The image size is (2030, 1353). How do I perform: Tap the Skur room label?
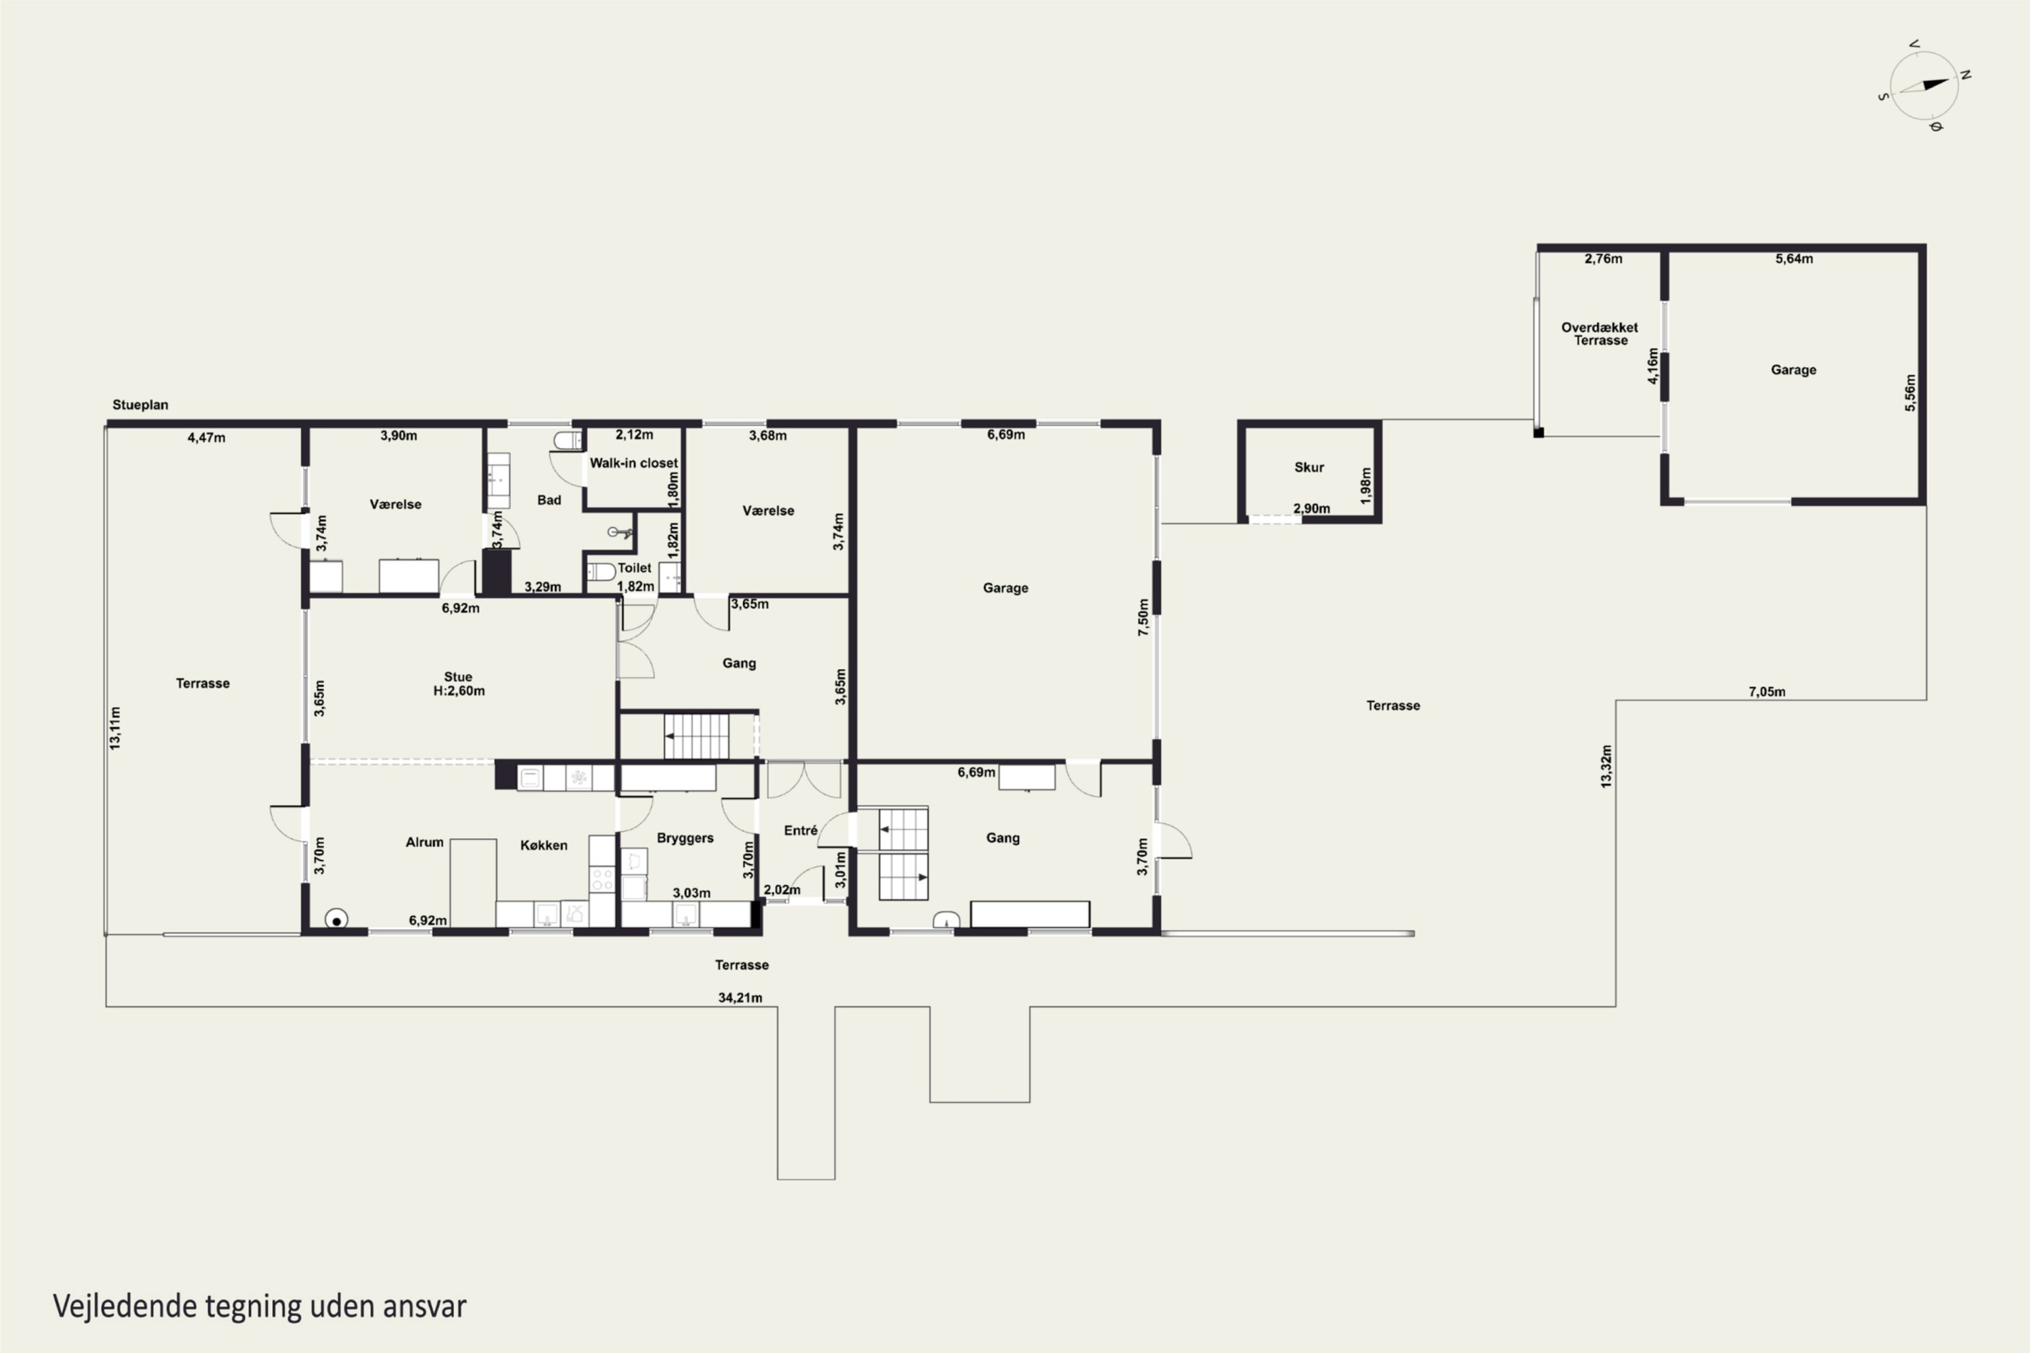click(1309, 467)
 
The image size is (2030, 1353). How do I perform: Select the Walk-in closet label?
click(633, 463)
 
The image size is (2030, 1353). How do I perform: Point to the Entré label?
click(800, 830)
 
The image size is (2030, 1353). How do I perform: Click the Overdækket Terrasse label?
click(1600, 333)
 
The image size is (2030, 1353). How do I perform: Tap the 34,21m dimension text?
click(740, 997)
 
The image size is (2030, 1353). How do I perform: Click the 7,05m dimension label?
click(1767, 691)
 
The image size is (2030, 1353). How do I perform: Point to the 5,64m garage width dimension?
click(1794, 258)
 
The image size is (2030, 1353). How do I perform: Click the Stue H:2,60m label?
click(458, 683)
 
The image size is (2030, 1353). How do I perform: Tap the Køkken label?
click(544, 845)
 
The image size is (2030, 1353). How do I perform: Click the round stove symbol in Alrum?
click(336, 920)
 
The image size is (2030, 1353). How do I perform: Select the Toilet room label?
click(635, 568)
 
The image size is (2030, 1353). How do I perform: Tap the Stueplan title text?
click(140, 405)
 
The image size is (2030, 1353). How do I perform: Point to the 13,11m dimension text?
click(115, 727)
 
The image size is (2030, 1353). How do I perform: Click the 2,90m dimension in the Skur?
click(1311, 508)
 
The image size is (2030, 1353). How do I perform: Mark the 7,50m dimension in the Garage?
click(1144, 617)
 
